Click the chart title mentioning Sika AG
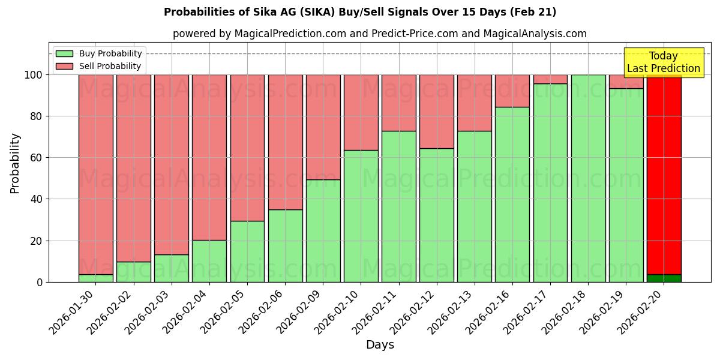pos(360,12)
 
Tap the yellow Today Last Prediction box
pos(663,62)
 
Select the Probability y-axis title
pos(15,163)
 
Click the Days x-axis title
pos(380,344)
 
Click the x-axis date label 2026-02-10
pos(338,312)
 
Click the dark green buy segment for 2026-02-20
pos(664,278)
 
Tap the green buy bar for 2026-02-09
pos(323,231)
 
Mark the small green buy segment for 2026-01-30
pos(96,278)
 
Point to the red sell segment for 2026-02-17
pos(550,79)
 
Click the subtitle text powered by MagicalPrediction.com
pos(379,34)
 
